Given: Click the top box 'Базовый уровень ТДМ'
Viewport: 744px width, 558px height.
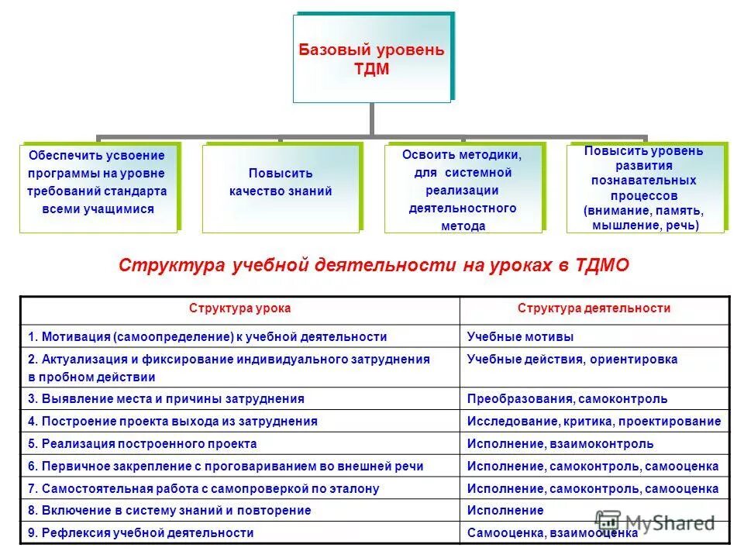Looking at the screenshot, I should (371, 59).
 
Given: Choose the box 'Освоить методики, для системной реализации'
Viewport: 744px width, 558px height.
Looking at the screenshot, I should (463, 188).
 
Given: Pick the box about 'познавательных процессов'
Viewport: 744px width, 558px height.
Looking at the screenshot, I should (645, 188).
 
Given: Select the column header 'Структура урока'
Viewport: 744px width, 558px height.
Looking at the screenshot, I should (240, 308).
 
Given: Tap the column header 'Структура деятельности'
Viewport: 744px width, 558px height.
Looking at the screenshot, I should (594, 308).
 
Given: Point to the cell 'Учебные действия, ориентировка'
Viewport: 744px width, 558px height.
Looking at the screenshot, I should (572, 360).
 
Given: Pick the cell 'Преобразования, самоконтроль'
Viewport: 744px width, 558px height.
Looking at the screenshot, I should (567, 399).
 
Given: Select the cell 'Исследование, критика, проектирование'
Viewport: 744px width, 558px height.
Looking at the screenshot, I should (594, 422).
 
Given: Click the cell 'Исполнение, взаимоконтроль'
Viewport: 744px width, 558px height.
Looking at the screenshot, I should (560, 444).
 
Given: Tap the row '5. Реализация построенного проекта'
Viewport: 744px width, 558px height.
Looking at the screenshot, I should (143, 444).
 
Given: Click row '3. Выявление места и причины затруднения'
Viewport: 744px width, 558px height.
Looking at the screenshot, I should (166, 399).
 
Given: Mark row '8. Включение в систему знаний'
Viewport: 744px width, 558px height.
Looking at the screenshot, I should (170, 511).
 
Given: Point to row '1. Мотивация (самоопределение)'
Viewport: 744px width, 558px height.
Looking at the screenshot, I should (208, 336).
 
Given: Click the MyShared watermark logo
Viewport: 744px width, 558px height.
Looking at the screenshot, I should (655, 522).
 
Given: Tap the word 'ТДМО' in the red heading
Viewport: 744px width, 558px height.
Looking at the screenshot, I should (603, 265).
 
